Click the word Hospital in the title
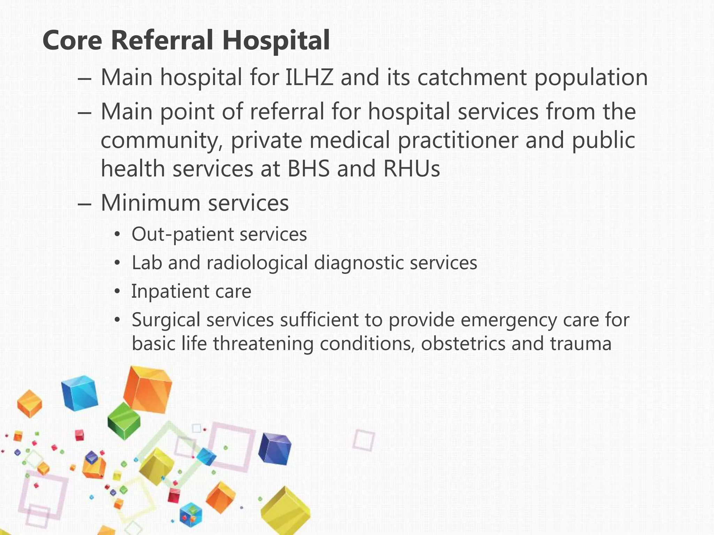pyautogui.click(x=276, y=40)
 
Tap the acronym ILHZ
pyautogui.click(x=309, y=77)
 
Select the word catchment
pyautogui.click(x=472, y=77)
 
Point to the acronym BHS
pyautogui.click(x=308, y=169)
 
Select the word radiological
pyautogui.click(x=257, y=263)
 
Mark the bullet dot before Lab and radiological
pyautogui.click(x=118, y=263)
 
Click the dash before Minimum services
pyautogui.click(x=85, y=204)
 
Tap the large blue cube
pyautogui.click(x=79, y=393)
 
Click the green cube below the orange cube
pyautogui.click(x=124, y=420)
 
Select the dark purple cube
pyautogui.click(x=275, y=449)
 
